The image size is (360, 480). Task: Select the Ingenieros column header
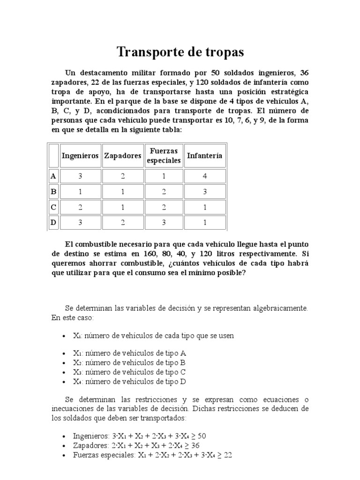[x=80, y=156]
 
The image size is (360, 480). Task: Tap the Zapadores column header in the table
[x=122, y=156]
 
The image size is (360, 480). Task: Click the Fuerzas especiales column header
[x=164, y=156]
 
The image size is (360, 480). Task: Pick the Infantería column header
[x=204, y=156]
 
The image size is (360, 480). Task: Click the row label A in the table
[x=53, y=176]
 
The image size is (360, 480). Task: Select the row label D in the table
[x=53, y=223]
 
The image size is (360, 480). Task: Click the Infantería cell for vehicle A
[x=204, y=176]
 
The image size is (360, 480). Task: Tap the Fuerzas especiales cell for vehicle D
[x=164, y=223]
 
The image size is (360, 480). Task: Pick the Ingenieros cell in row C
[x=80, y=207]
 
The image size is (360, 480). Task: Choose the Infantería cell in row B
[x=204, y=192]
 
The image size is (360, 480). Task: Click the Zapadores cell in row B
[x=122, y=192]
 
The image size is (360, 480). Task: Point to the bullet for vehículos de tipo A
[x=64, y=354]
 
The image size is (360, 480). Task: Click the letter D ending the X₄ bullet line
[x=183, y=382]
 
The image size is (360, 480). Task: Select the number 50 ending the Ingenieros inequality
[x=202, y=436]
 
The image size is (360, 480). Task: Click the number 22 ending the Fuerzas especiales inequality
[x=228, y=455]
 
